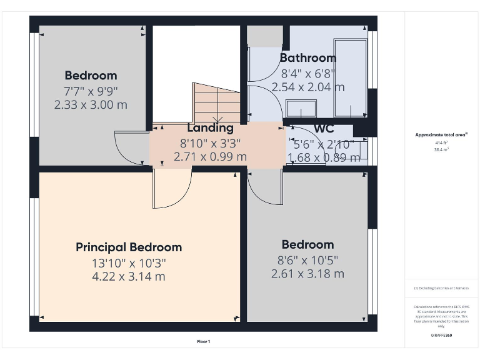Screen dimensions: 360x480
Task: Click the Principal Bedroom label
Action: click(129, 247)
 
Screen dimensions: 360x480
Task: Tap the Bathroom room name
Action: click(307, 58)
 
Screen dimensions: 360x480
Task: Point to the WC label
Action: click(324, 129)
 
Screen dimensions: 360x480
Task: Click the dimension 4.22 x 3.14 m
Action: click(129, 276)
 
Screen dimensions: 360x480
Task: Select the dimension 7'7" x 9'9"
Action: click(91, 91)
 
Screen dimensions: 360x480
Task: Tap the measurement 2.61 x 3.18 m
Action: click(307, 274)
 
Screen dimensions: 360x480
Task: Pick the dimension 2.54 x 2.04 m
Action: click(307, 87)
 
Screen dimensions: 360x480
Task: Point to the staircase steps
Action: click(216, 102)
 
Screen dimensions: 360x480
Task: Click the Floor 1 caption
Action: click(204, 342)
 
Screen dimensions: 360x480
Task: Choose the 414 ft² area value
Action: click(441, 142)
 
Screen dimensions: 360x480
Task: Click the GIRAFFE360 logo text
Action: click(441, 336)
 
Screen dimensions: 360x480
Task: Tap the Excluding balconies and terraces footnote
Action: click(441, 288)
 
